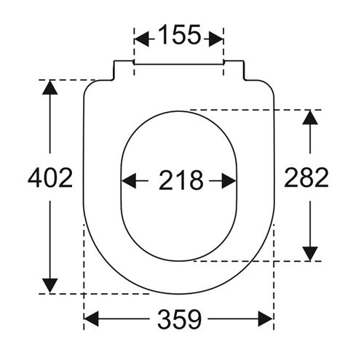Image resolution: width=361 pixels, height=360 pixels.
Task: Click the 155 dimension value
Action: [x=180, y=35]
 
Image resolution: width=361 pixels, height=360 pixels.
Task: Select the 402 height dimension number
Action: [x=50, y=177]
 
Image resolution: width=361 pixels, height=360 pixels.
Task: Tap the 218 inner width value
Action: [x=181, y=180]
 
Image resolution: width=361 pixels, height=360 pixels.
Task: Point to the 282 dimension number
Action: [x=306, y=177]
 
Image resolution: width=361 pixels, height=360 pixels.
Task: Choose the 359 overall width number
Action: [x=180, y=319]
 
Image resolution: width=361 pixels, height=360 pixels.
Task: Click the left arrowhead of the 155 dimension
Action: [x=141, y=39]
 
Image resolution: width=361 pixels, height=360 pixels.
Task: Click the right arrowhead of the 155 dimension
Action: [x=215, y=39]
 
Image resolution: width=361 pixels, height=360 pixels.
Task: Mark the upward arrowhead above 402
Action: [x=50, y=87]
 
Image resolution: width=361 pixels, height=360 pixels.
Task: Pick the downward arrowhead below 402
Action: [x=50, y=286]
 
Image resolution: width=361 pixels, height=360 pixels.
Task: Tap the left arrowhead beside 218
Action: [x=128, y=180]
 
